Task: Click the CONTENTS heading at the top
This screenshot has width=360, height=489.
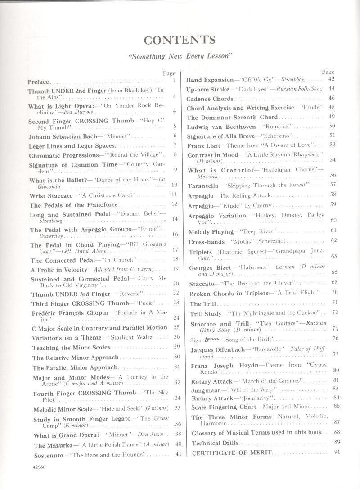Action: coord(180,41)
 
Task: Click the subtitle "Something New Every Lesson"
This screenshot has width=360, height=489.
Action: coord(180,57)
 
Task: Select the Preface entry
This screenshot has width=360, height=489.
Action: coord(38,82)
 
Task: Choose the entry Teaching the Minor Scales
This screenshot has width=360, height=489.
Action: coord(71,348)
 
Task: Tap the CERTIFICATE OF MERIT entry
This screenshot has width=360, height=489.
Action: coord(232,453)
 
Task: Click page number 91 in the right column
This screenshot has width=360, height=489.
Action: coord(337,452)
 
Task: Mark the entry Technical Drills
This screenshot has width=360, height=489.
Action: coord(212,443)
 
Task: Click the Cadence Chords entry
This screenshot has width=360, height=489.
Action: coord(210,99)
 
